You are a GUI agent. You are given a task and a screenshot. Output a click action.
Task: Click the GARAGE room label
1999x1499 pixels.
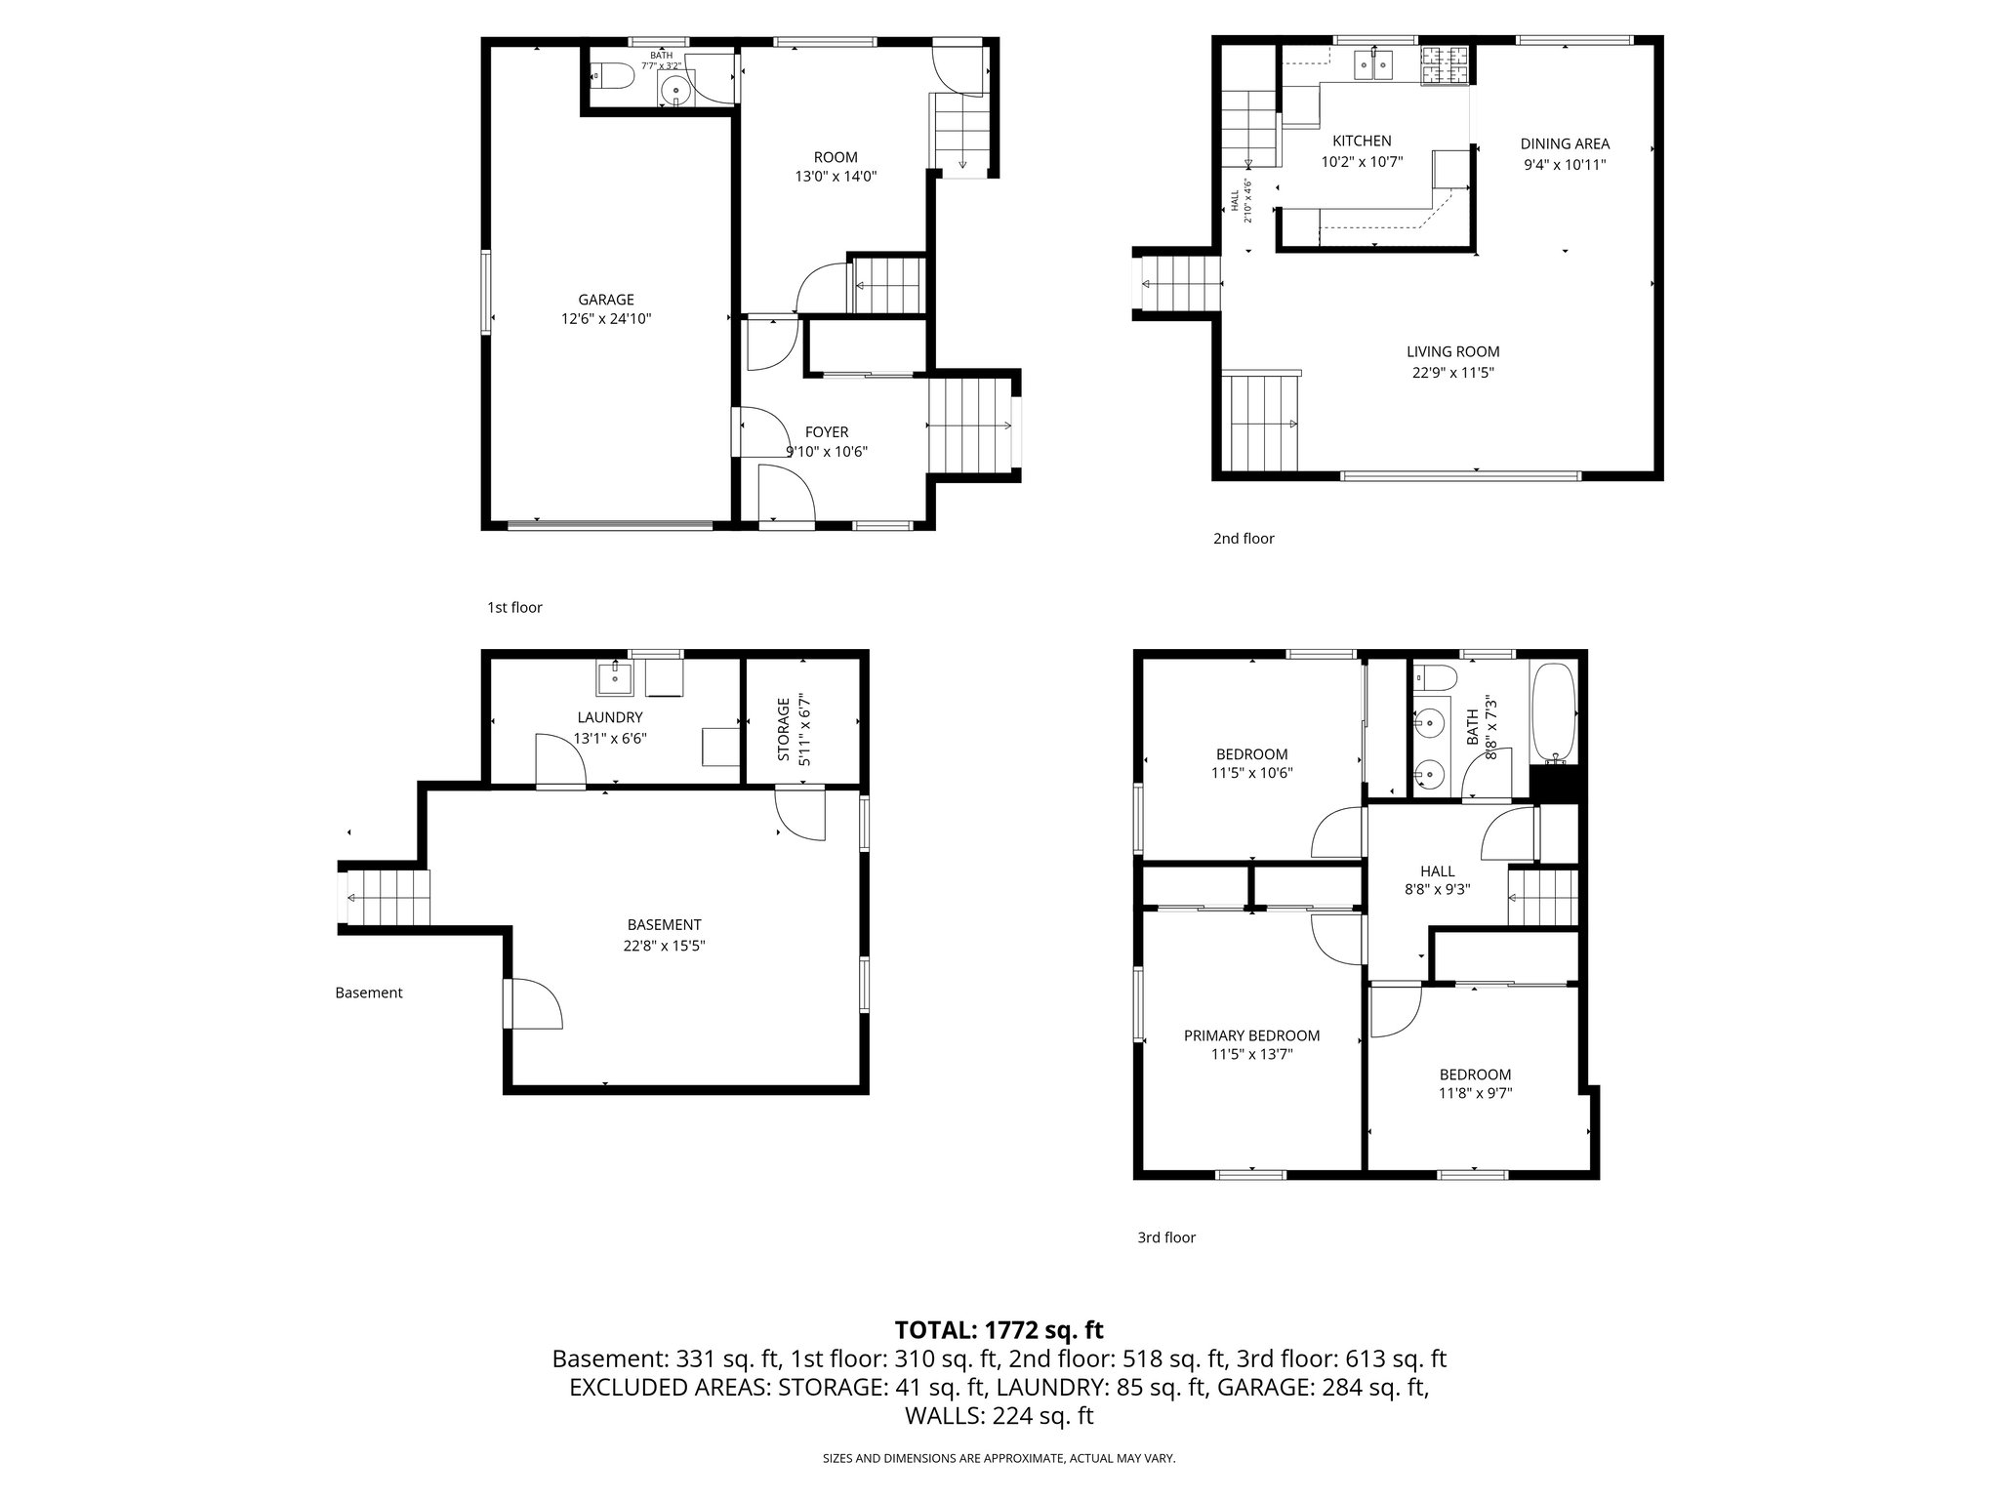click(x=605, y=300)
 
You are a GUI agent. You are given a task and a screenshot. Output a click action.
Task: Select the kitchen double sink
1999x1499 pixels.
click(x=1372, y=65)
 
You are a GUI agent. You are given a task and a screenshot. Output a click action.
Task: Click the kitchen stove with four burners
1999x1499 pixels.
click(x=1445, y=65)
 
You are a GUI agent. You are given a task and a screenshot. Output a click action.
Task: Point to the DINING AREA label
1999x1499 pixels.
click(x=1564, y=143)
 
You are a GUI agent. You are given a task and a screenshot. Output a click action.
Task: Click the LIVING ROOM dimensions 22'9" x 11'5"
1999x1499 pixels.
click(x=1452, y=373)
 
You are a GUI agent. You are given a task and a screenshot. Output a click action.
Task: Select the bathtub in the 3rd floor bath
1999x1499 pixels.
click(x=1552, y=713)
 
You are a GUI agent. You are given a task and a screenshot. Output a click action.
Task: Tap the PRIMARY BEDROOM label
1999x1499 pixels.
click(x=1251, y=1035)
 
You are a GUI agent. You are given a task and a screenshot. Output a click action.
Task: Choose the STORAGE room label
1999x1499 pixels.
click(x=783, y=742)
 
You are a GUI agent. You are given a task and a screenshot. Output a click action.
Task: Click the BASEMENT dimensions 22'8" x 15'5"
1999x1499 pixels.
click(x=664, y=946)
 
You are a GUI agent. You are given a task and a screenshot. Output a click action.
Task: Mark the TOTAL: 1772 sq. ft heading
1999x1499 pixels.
click(x=999, y=1329)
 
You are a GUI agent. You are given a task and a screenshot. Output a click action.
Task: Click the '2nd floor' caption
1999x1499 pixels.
click(x=1244, y=538)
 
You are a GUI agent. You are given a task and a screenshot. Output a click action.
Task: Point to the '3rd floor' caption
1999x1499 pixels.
click(x=1165, y=1237)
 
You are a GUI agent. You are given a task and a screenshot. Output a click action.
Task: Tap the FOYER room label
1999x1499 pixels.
click(x=826, y=431)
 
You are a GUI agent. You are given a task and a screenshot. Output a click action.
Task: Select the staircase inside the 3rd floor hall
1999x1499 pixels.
click(x=1543, y=897)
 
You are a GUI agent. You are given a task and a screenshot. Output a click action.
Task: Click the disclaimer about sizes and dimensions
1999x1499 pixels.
click(x=999, y=1458)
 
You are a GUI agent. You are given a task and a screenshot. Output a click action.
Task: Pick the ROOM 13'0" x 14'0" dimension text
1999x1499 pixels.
click(x=836, y=177)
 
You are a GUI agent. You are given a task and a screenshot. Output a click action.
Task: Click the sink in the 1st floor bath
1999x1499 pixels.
click(x=675, y=92)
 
